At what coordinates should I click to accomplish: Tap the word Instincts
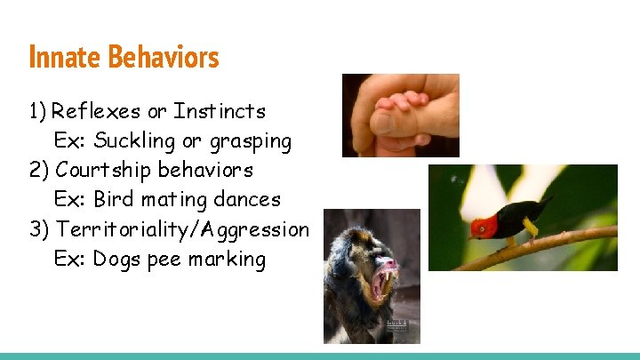click(220, 112)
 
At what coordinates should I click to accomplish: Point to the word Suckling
click(130, 141)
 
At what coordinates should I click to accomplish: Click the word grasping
click(251, 141)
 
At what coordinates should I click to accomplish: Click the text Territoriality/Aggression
click(182, 229)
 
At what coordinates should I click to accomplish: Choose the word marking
click(229, 260)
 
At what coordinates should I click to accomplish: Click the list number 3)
click(39, 229)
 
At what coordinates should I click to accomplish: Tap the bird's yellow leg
click(532, 230)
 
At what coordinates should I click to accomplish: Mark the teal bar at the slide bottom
click(320, 356)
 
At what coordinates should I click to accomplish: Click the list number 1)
click(37, 112)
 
